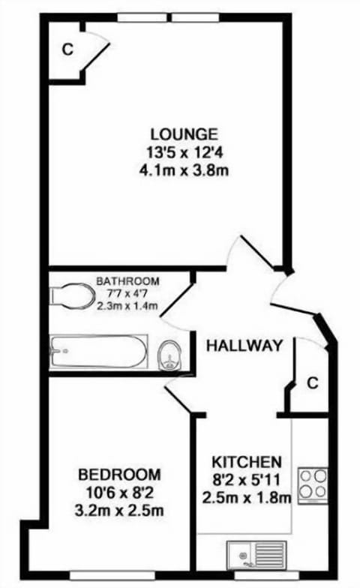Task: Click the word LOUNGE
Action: (x=184, y=134)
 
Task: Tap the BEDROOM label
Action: (x=120, y=475)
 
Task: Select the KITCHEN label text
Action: (x=246, y=461)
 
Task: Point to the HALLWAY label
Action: (x=244, y=346)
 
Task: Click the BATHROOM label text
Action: (x=127, y=281)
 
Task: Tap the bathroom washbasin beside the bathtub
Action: (x=171, y=353)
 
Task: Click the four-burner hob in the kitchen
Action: (x=312, y=484)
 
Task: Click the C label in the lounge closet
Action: (x=67, y=50)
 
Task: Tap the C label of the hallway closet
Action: (x=312, y=382)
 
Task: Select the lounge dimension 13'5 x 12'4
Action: (x=184, y=153)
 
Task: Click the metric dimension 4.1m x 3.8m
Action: (x=184, y=170)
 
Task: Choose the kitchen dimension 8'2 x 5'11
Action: (x=246, y=479)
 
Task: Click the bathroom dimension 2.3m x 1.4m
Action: (x=127, y=305)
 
